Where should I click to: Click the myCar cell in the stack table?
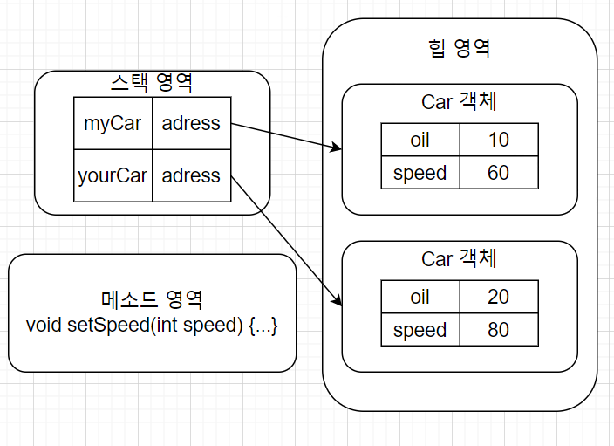point(113,123)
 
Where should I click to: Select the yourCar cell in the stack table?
point(113,175)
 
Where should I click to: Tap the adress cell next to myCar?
point(191,123)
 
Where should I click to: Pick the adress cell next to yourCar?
point(191,175)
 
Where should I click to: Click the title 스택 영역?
point(152,83)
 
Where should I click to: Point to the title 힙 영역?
point(460,48)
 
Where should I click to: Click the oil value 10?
point(498,140)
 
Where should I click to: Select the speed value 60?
point(498,173)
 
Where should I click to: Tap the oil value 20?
point(498,297)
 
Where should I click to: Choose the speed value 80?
point(498,330)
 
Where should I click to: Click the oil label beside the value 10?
point(420,140)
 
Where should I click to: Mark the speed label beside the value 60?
point(420,173)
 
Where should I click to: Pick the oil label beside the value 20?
point(420,297)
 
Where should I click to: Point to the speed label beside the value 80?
point(420,330)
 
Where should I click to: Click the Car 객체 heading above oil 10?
point(460,101)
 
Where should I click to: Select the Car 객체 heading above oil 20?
point(460,258)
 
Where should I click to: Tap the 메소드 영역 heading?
point(152,300)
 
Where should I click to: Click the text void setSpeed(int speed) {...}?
point(152,326)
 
